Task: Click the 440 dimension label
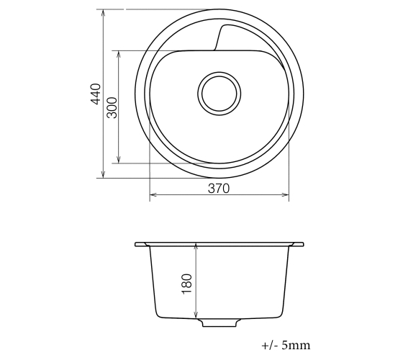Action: [x=96, y=94]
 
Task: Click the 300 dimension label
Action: [x=112, y=107]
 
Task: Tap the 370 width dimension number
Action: [x=219, y=189]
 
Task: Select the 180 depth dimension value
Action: [x=187, y=284]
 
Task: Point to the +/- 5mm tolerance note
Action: [x=286, y=345]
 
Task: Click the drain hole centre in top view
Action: [x=219, y=94]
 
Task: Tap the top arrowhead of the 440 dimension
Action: [x=103, y=12]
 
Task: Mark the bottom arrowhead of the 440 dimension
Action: [x=103, y=175]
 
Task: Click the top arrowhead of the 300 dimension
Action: [x=119, y=54]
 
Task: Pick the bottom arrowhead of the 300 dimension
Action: [x=119, y=160]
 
